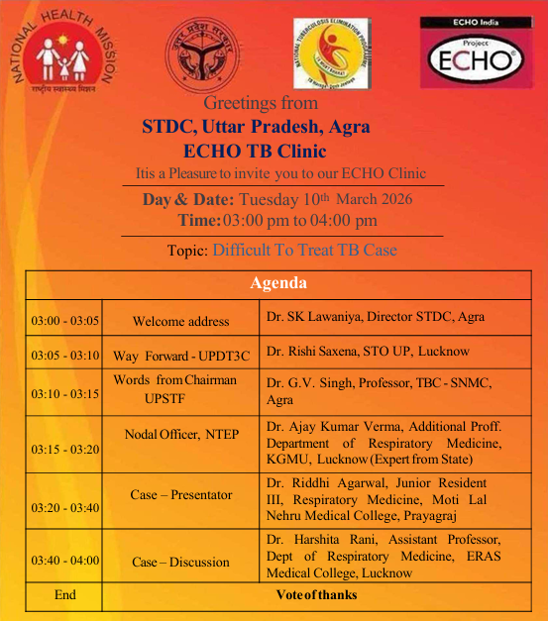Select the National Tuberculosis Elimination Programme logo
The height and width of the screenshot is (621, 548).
tap(331, 55)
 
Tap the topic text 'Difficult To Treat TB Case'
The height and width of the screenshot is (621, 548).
tap(304, 251)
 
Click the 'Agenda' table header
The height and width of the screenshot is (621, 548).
tap(277, 283)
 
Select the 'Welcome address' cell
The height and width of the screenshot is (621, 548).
tap(180, 321)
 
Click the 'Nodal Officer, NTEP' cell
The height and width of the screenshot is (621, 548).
tap(180, 435)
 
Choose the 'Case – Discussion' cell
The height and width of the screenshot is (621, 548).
tap(180, 562)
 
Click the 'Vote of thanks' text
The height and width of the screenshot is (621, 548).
tap(316, 595)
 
